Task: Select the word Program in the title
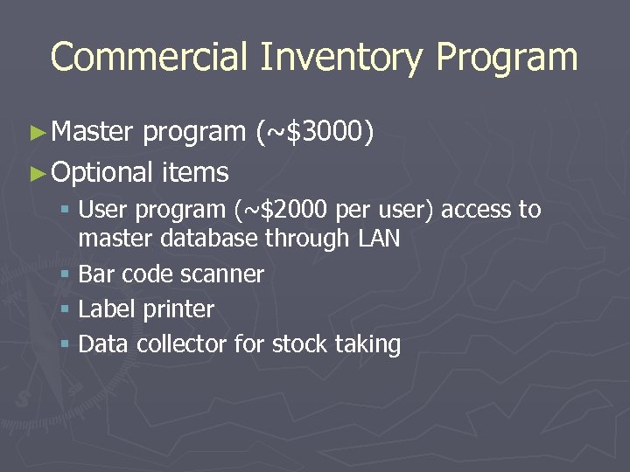pyautogui.click(x=507, y=58)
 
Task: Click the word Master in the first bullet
pyautogui.click(x=92, y=131)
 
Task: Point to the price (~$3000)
pyautogui.click(x=316, y=131)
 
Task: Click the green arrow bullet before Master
pyautogui.click(x=36, y=132)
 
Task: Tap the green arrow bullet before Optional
pyautogui.click(x=36, y=172)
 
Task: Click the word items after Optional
pyautogui.click(x=195, y=171)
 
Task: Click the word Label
pyautogui.click(x=102, y=309)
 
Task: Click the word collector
pyautogui.click(x=178, y=344)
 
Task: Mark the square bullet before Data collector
pyautogui.click(x=66, y=344)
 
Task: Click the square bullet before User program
pyautogui.click(x=66, y=211)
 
